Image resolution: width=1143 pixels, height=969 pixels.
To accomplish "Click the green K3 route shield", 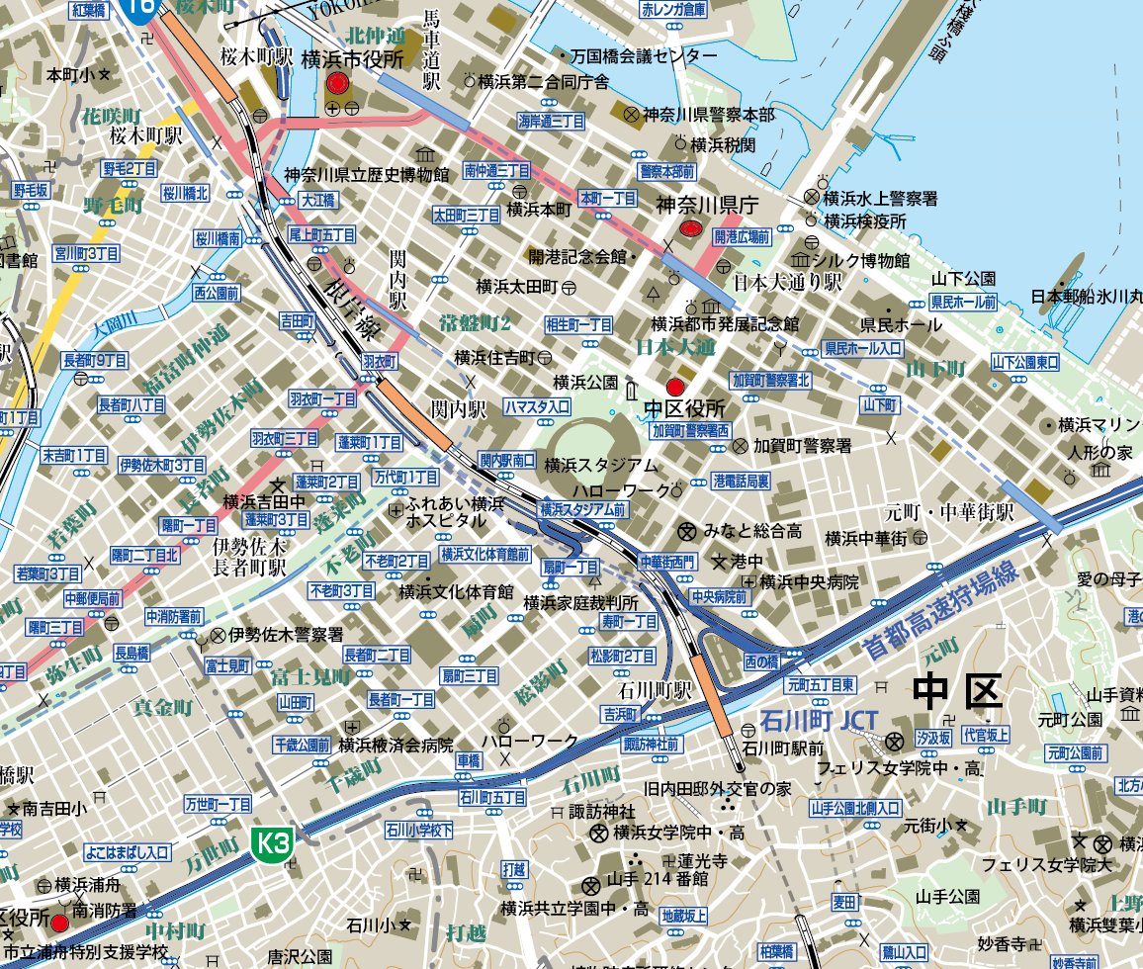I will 274,843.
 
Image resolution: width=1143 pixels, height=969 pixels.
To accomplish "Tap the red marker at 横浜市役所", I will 336,83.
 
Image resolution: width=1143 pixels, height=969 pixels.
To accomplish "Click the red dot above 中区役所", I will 675,387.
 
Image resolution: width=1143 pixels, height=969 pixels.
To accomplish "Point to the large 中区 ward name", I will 958,691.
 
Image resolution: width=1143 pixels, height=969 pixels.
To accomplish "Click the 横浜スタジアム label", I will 600,465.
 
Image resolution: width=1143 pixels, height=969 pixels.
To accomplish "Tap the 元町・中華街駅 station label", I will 949,513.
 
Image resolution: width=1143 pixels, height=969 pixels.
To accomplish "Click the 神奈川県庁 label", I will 706,206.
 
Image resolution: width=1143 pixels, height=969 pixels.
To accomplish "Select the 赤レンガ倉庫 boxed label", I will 673,10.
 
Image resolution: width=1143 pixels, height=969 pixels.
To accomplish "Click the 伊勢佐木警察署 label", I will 286,634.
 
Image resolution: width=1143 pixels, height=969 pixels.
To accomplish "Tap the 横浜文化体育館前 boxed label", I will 484,554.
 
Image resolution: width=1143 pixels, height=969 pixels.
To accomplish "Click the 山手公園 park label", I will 947,897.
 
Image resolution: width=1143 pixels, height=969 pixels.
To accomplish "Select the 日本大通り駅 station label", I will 787,283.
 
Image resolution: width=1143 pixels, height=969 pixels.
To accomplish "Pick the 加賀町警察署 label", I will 802,446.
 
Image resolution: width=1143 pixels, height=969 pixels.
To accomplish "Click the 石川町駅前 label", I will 782,749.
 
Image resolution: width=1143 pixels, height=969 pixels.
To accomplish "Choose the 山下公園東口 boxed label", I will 1025,361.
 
